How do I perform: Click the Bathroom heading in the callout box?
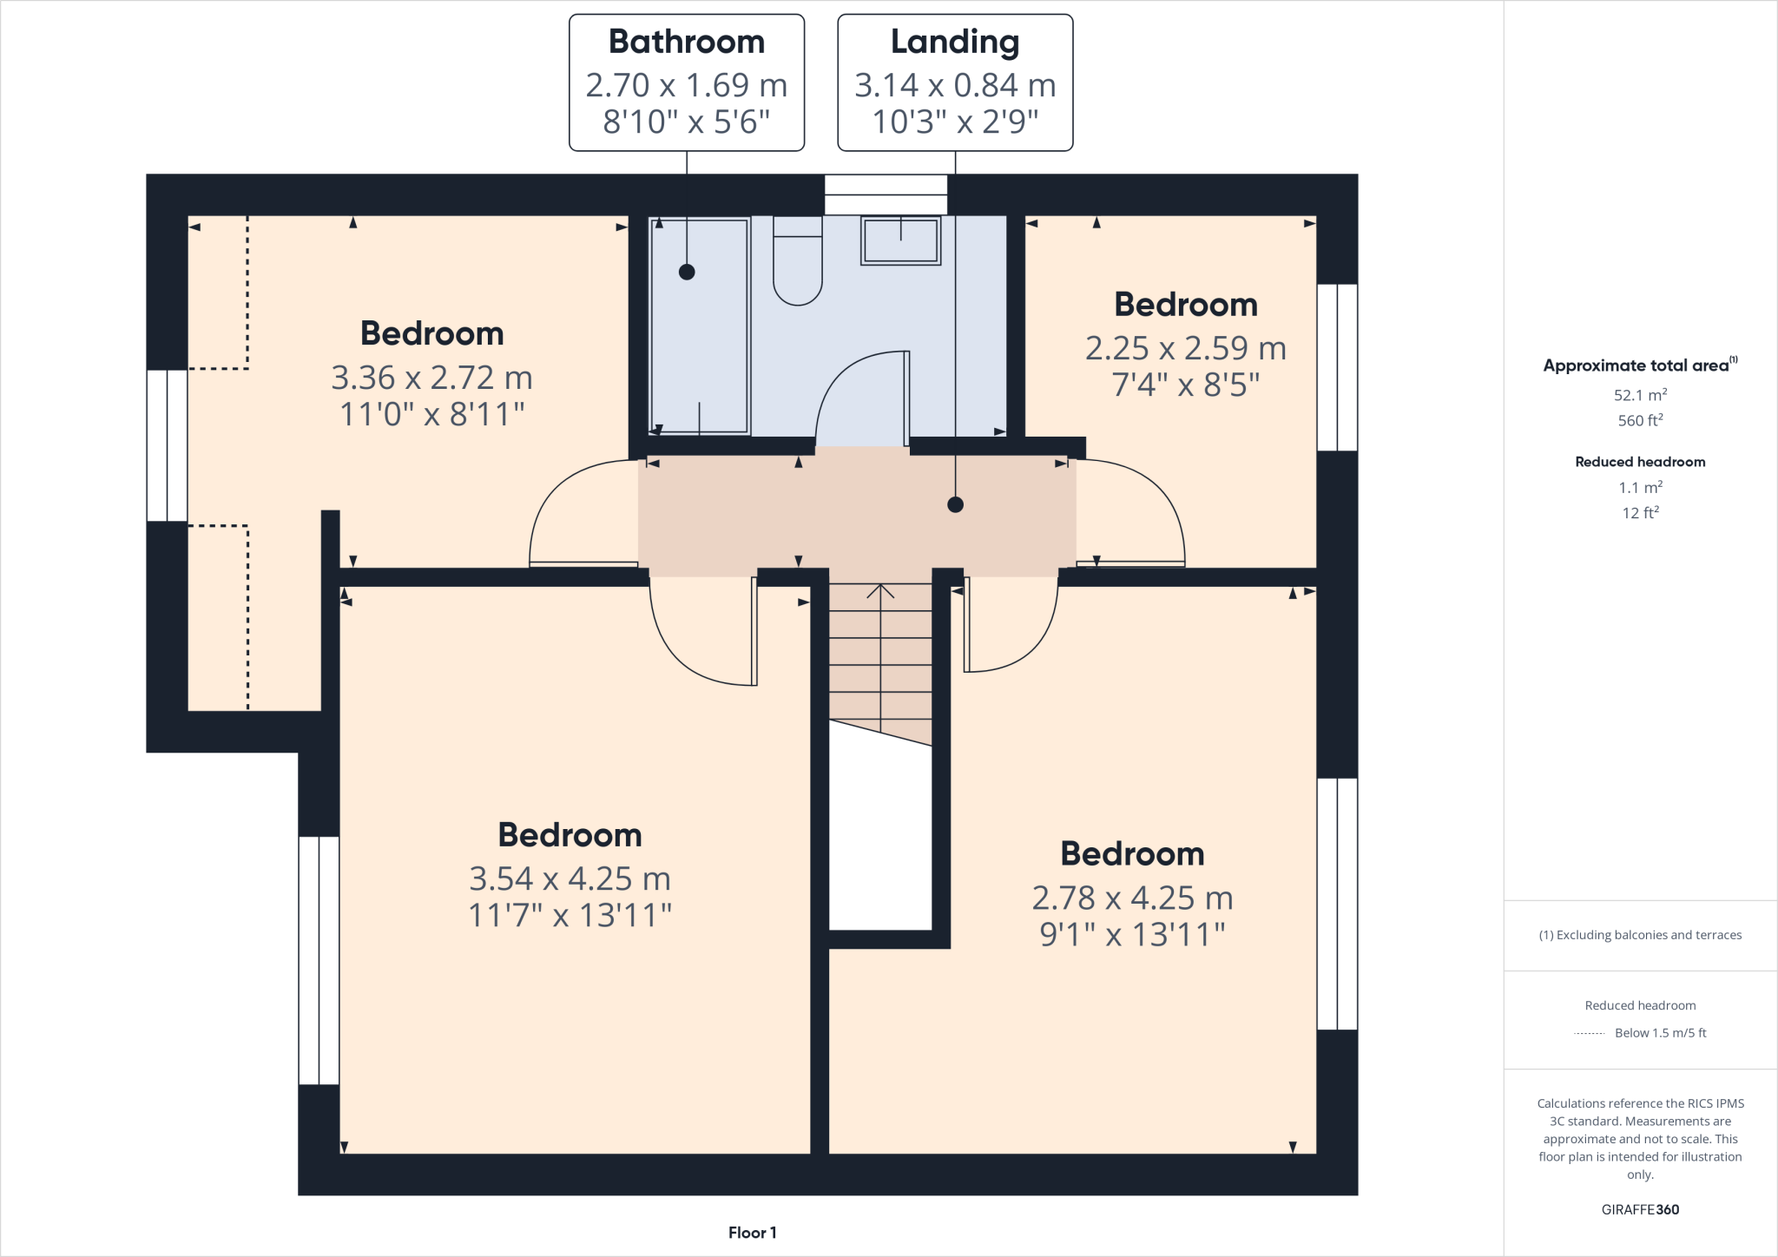click(x=686, y=42)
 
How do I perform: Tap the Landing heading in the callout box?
click(x=955, y=42)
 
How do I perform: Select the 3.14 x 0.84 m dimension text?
click(x=955, y=85)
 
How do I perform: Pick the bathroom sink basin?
click(x=900, y=240)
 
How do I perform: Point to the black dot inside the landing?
click(x=955, y=504)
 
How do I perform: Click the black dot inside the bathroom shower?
click(x=687, y=272)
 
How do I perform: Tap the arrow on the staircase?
click(x=880, y=592)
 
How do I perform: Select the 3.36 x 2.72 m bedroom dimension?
click(x=431, y=378)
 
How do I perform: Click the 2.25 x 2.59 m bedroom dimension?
click(x=1185, y=348)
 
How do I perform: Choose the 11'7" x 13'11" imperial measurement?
click(x=570, y=915)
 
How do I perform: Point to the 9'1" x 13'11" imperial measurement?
click(x=1132, y=934)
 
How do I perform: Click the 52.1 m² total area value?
click(x=1640, y=395)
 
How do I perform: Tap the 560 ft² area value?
click(x=1640, y=420)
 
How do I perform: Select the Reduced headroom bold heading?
click(x=1640, y=462)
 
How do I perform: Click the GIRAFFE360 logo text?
click(x=1640, y=1209)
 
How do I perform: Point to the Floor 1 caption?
click(x=752, y=1233)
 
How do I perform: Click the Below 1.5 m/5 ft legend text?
click(x=1660, y=1033)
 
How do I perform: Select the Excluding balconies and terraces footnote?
click(x=1640, y=935)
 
